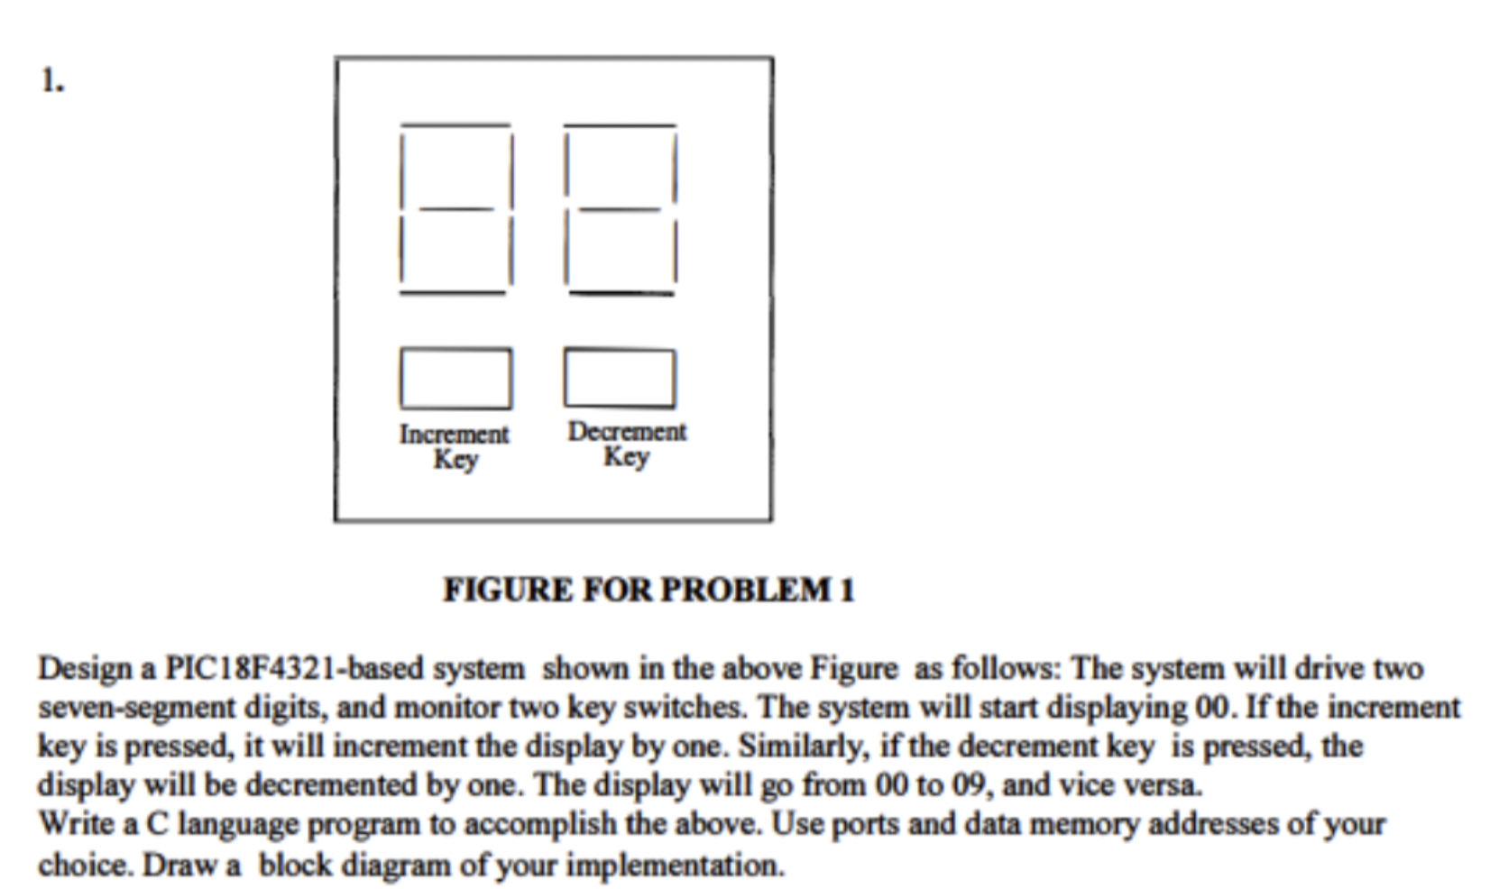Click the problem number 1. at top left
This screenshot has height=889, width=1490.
coord(52,81)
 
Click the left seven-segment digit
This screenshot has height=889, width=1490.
coord(455,209)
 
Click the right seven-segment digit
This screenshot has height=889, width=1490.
coord(620,209)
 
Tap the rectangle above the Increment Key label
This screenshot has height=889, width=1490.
coord(455,379)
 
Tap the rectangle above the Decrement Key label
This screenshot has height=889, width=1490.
coord(620,378)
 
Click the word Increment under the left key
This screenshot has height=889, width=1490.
coord(454,435)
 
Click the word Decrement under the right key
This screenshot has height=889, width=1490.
coord(627,432)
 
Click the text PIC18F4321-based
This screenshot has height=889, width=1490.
coord(293,669)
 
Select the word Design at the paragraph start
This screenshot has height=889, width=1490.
coord(85,669)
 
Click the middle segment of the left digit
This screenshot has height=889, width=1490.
coord(456,209)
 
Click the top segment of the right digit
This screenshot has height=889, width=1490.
coord(620,125)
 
